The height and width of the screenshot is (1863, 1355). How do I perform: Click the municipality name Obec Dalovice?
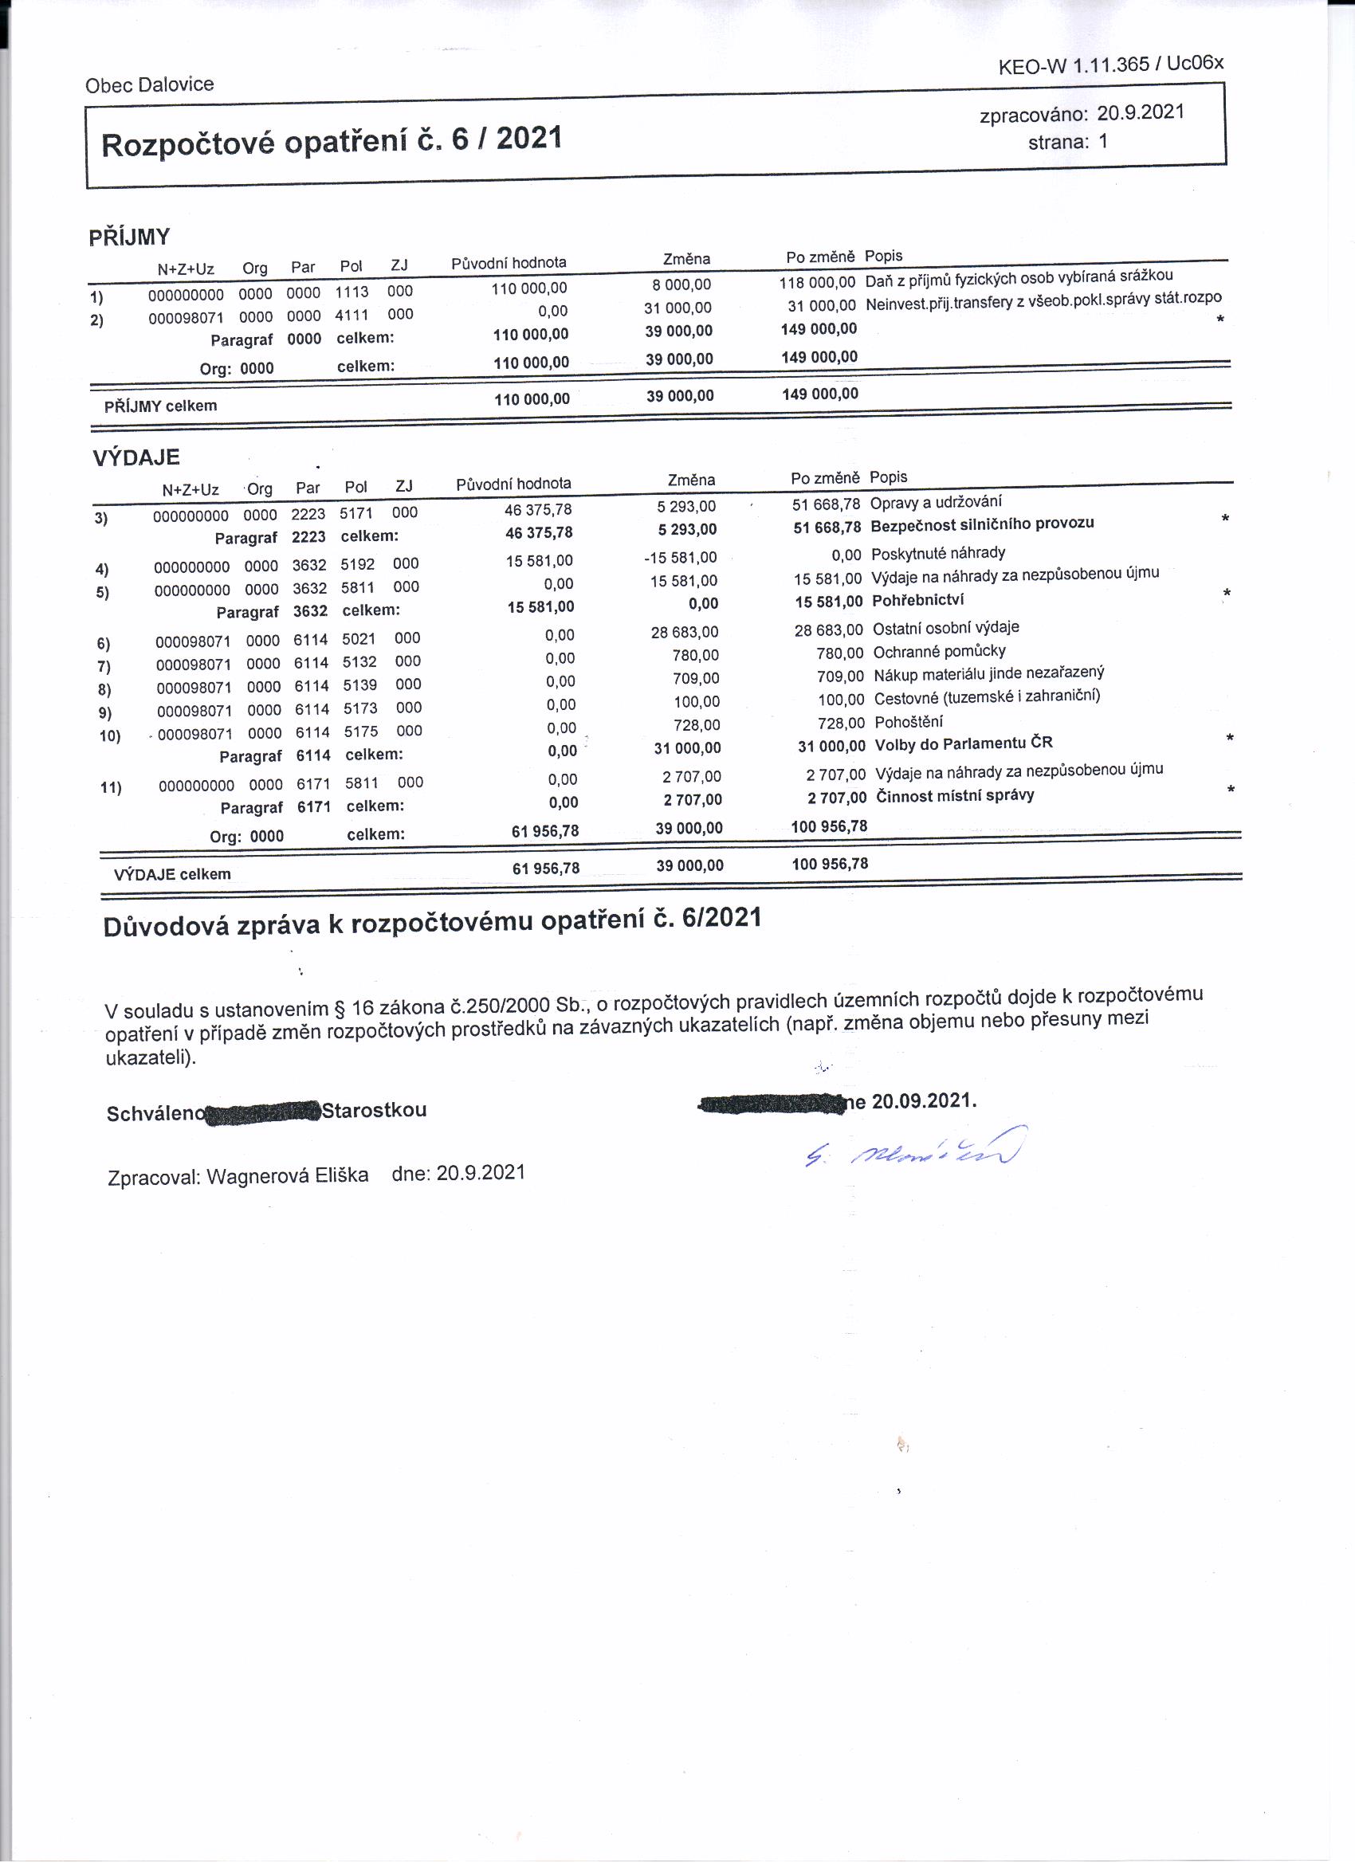[x=149, y=84]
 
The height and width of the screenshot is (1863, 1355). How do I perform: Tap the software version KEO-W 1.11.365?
[x=1073, y=67]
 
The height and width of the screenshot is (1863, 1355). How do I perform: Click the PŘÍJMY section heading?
[x=129, y=237]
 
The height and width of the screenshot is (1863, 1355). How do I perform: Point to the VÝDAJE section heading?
[x=135, y=458]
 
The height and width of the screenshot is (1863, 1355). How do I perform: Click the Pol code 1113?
[x=352, y=292]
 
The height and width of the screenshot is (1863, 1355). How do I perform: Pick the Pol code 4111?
[x=352, y=315]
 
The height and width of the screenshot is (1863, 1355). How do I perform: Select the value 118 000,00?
[x=817, y=283]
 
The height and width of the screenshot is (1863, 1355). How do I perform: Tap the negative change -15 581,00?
[x=681, y=558]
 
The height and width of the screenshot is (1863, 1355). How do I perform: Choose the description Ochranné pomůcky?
[x=938, y=651]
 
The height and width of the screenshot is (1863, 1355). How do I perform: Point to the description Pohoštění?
[x=908, y=722]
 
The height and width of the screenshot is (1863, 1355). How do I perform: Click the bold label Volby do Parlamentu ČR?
[x=963, y=744]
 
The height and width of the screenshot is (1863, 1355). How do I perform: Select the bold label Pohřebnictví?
[x=917, y=601]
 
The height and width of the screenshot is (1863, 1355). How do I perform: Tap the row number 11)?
[x=110, y=788]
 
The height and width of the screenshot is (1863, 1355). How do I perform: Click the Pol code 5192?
[x=357, y=564]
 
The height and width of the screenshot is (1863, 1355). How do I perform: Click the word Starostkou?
[x=374, y=1111]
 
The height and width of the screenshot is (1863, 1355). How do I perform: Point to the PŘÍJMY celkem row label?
[x=160, y=406]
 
